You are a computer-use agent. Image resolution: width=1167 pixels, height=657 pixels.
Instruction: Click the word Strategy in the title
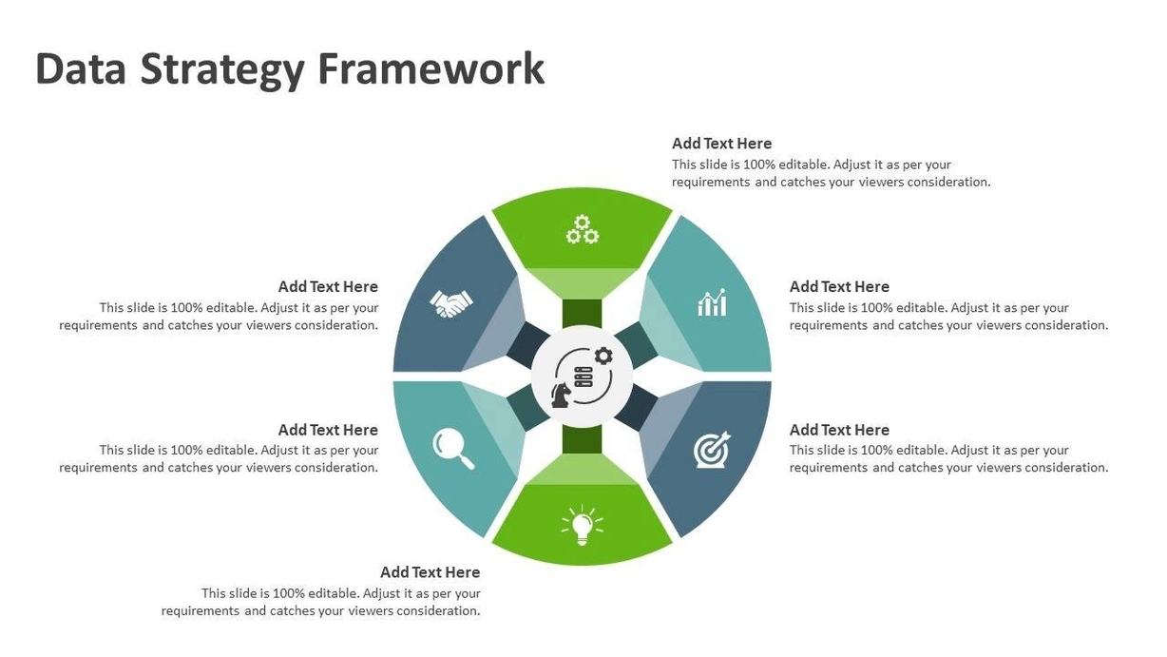point(222,70)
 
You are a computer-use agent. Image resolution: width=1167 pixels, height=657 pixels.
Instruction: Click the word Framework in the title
point(431,68)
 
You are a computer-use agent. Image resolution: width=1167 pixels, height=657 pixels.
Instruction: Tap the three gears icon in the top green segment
point(583,229)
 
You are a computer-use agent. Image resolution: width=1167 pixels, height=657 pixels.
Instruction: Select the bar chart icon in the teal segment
point(712,302)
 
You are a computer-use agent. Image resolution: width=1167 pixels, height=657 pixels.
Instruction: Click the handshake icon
point(451,303)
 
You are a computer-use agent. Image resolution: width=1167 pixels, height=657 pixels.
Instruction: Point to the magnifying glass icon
point(453,449)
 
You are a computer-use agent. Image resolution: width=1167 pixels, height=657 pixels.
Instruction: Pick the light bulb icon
point(582,525)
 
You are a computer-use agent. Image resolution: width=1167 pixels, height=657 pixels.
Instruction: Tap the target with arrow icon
point(712,449)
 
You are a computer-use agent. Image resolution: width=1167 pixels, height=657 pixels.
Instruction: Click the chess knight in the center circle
point(561,395)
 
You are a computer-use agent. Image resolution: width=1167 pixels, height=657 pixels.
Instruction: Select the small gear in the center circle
point(603,357)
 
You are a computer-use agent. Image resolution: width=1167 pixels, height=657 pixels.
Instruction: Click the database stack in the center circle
point(583,377)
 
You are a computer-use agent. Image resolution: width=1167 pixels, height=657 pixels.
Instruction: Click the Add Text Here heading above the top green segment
point(721,144)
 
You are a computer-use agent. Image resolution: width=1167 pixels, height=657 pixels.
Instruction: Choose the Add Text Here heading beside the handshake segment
point(328,287)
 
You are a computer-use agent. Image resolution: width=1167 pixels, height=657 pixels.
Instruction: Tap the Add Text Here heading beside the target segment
point(839,430)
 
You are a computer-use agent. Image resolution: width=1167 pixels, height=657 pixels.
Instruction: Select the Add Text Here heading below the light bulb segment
point(430,572)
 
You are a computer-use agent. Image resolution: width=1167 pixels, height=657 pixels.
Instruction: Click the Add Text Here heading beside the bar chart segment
point(839,287)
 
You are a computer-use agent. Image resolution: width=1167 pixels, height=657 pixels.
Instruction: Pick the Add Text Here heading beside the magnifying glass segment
point(328,430)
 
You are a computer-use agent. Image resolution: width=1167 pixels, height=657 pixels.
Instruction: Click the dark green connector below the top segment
point(582,314)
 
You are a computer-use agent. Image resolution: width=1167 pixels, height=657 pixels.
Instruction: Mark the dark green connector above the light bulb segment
point(582,439)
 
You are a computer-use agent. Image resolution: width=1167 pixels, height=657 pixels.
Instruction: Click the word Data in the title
point(81,68)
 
